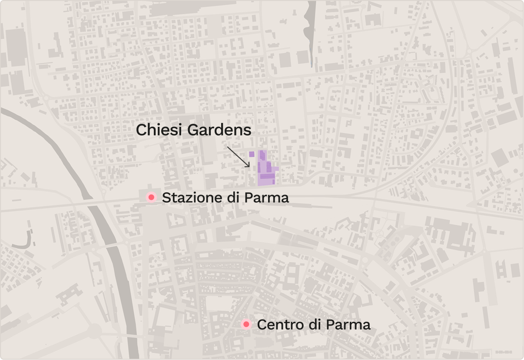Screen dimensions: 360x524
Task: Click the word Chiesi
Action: (x=156, y=130)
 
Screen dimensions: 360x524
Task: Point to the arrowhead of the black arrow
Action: (x=249, y=167)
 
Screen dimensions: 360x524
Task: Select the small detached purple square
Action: (x=252, y=154)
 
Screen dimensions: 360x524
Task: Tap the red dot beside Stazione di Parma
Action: (x=151, y=198)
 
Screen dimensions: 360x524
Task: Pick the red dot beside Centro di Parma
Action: (x=246, y=324)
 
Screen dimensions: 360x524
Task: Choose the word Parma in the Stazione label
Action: (x=266, y=198)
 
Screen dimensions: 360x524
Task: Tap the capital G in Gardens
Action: (x=189, y=130)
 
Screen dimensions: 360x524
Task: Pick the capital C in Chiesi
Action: (x=141, y=130)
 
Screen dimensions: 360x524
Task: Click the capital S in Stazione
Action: (x=166, y=198)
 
